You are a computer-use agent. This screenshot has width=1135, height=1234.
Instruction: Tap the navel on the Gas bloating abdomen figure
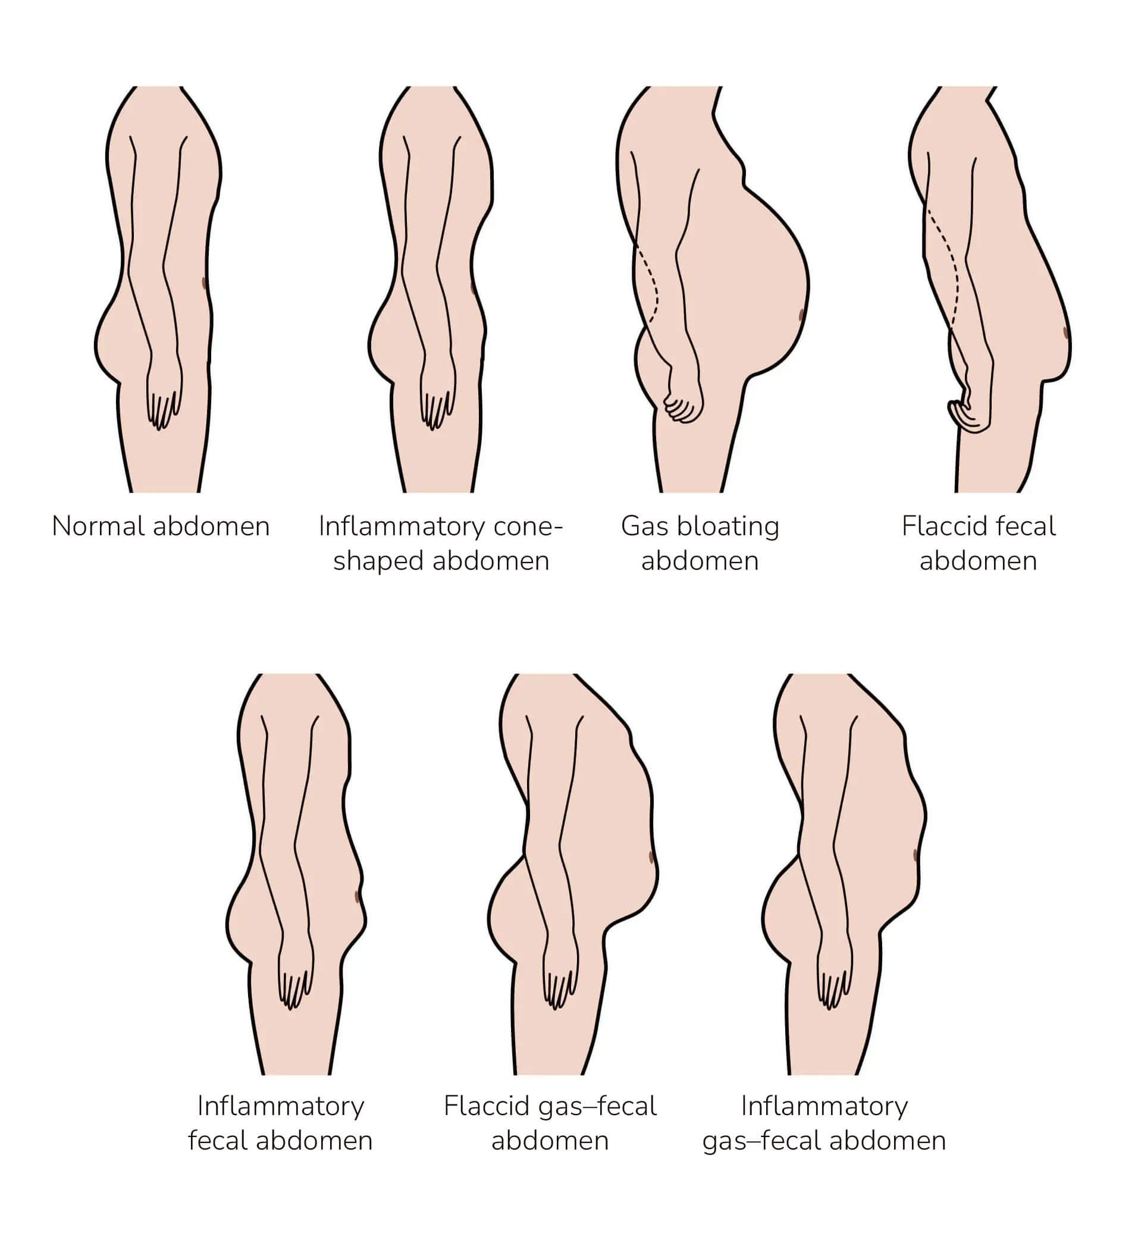[x=801, y=316]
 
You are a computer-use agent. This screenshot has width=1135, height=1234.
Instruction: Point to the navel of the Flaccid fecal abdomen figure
[x=1065, y=332]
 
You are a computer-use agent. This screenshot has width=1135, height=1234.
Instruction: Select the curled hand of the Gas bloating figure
[x=683, y=403]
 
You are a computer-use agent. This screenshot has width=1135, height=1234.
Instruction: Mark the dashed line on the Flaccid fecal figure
[x=951, y=270]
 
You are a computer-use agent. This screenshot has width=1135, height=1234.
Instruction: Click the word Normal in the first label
[x=99, y=527]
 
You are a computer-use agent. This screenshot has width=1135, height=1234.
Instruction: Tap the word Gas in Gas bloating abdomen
[x=644, y=527]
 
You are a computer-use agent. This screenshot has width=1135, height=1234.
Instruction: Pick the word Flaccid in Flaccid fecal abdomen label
[x=939, y=527]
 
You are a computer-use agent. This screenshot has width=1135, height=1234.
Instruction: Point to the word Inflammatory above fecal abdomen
[x=281, y=1106]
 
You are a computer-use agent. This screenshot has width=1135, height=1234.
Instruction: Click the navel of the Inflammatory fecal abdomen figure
[x=358, y=896]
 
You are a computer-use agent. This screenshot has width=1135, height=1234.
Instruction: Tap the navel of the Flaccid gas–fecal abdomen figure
[x=651, y=857]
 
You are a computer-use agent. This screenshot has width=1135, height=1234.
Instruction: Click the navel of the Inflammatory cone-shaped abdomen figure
[x=473, y=287]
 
